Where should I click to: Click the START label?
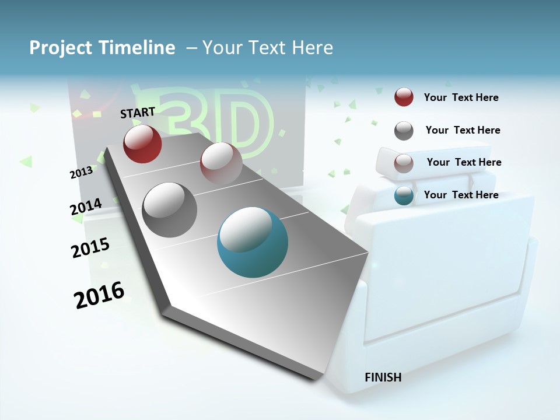[x=138, y=112]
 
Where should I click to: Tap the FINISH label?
[x=383, y=377]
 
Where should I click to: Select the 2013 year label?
[x=81, y=172]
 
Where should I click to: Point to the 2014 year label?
[x=86, y=207]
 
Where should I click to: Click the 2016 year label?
[x=99, y=295]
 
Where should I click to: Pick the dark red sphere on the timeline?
[x=142, y=143]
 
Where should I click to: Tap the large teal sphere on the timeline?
[x=253, y=242]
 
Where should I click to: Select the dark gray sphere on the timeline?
[x=170, y=210]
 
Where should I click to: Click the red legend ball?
[x=404, y=97]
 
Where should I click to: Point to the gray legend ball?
[x=404, y=131]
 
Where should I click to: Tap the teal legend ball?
[x=404, y=195]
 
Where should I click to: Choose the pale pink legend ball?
[x=404, y=163]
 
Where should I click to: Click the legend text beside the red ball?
[x=461, y=98]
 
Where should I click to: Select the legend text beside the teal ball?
[x=461, y=195]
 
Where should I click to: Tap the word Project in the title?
[x=60, y=48]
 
